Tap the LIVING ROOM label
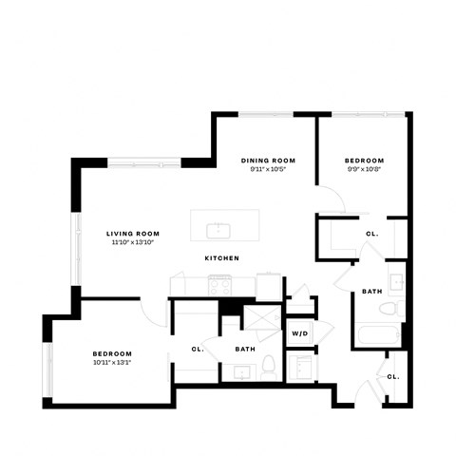coord(132,233)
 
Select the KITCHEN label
coord(220,258)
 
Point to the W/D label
coord(299,333)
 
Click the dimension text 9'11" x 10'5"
coord(268,170)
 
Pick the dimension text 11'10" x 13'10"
coord(132,243)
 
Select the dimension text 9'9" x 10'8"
coord(365,170)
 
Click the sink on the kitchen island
coord(218,229)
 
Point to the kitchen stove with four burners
coord(219,283)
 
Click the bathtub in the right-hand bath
coord(376,334)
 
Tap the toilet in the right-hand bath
coord(387,310)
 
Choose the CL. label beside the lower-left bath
coord(198,349)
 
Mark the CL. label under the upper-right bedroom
coord(371,233)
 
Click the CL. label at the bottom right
coord(393,376)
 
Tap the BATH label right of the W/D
coord(372,291)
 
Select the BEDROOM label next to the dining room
coord(365,161)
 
